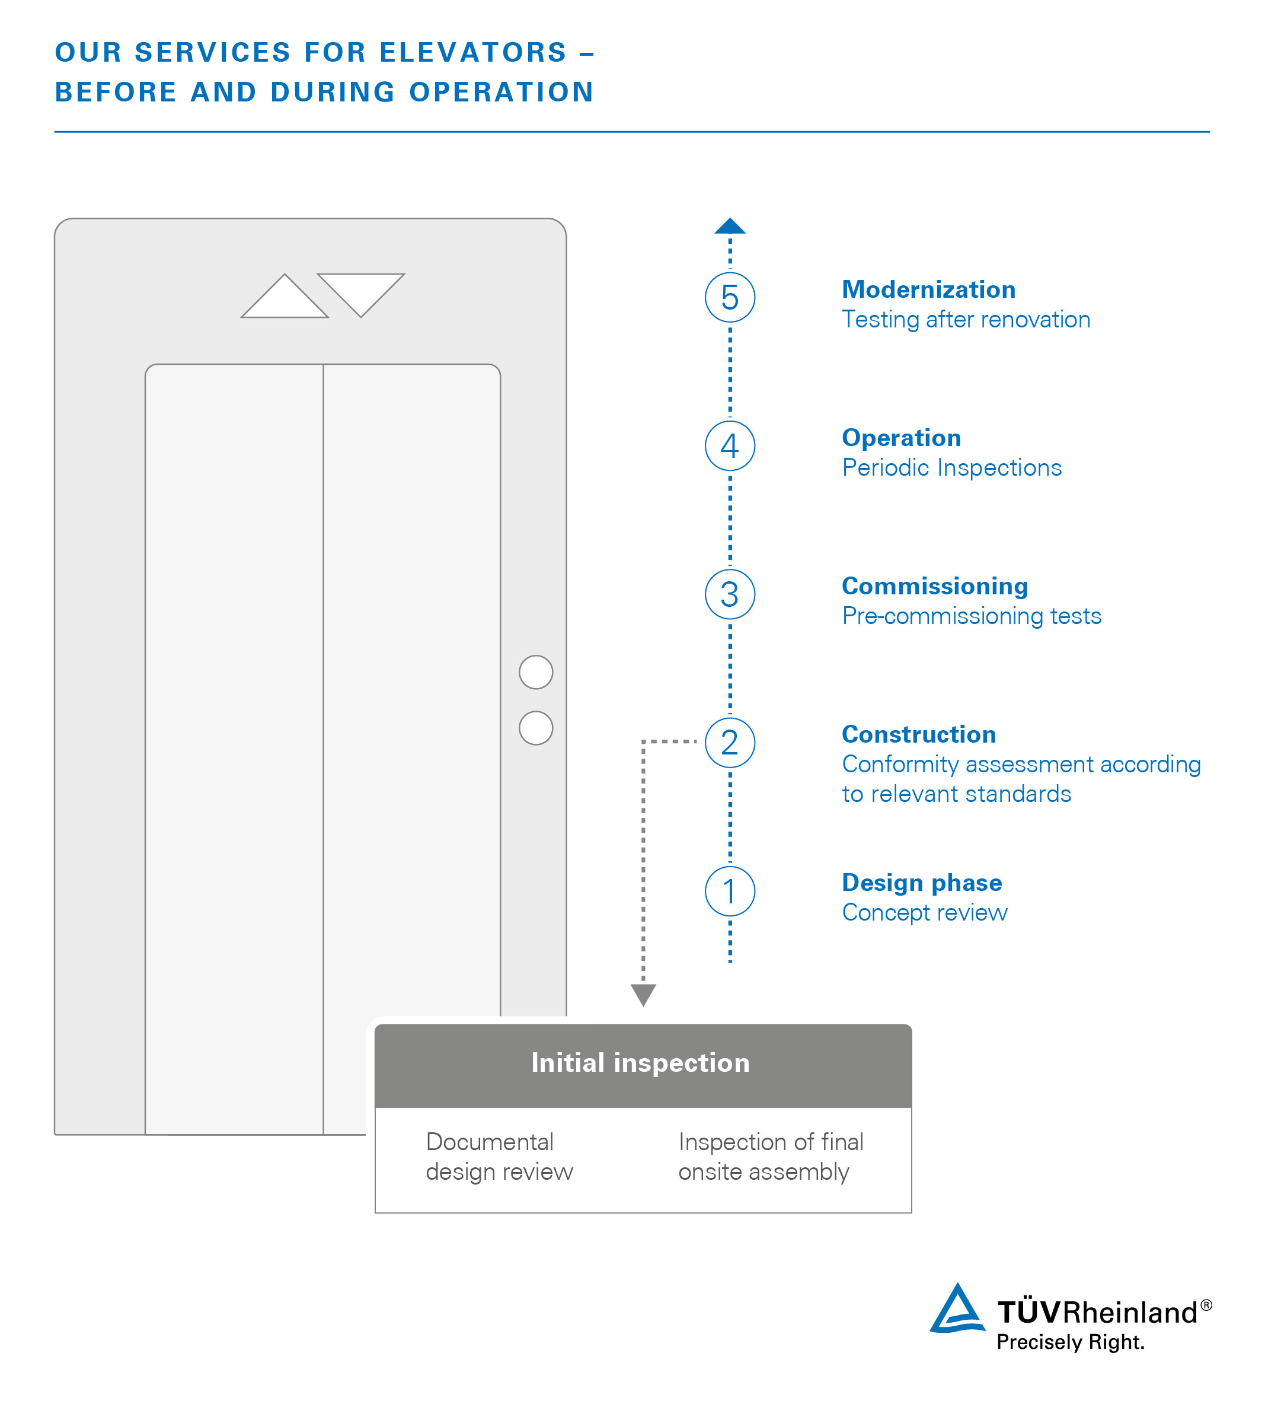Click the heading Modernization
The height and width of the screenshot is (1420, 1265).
928,289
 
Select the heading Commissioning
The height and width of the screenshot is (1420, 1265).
935,586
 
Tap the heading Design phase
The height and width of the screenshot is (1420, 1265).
922,883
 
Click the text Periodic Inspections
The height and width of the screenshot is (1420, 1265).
951,467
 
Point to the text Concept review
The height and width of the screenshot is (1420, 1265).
924,912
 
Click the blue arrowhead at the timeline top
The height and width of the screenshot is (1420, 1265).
730,226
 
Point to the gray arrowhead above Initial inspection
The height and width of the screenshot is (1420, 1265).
643,995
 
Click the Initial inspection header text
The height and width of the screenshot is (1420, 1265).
640,1062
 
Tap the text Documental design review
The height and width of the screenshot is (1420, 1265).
499,1157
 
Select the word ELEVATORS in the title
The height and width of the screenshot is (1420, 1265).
472,53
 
